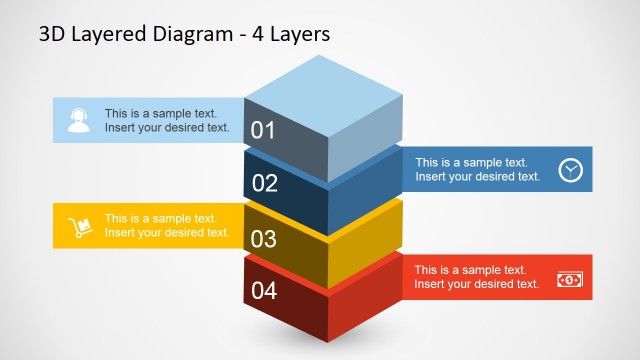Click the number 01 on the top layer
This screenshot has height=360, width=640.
(x=263, y=129)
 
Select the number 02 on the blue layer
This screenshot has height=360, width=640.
(x=265, y=183)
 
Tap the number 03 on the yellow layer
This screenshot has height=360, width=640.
(x=264, y=238)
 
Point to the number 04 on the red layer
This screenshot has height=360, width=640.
(x=264, y=292)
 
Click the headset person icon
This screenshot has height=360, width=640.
(x=79, y=121)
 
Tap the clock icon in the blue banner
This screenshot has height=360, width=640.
(x=570, y=169)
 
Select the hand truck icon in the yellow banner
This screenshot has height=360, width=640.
(x=79, y=227)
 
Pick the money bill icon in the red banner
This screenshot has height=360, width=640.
(x=569, y=279)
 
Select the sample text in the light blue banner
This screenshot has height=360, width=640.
(x=167, y=120)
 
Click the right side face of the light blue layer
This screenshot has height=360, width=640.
(x=365, y=140)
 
